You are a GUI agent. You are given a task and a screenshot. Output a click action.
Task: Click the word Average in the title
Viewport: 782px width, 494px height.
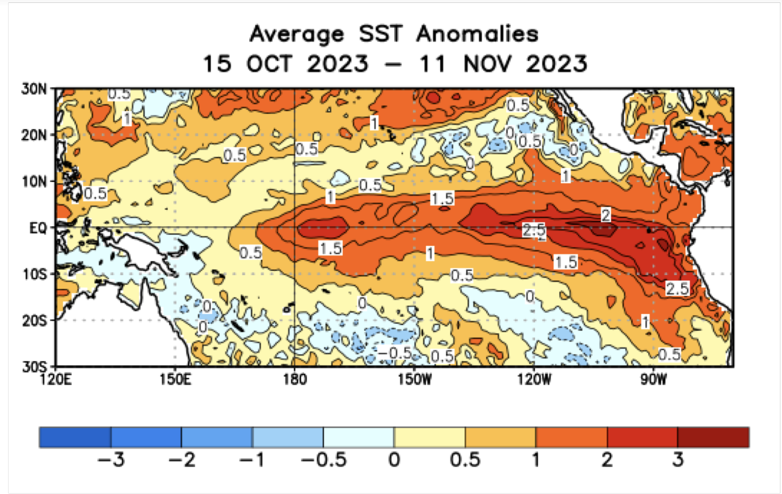[296, 34]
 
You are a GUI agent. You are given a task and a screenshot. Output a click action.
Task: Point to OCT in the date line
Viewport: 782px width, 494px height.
[269, 64]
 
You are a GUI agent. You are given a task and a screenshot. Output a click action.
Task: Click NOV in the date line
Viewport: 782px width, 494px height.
[488, 64]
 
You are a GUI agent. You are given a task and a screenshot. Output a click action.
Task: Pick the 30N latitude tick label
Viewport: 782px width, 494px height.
[34, 89]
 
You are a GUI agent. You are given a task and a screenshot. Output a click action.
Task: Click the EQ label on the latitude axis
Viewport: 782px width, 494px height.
[38, 228]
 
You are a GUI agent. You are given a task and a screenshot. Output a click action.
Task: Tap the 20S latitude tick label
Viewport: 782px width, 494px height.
[35, 321]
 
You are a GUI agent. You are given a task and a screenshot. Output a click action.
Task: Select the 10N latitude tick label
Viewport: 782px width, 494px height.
[34, 182]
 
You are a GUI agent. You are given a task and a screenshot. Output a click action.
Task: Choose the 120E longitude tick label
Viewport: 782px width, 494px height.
[56, 379]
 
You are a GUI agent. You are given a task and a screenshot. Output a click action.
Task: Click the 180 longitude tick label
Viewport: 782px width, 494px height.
[295, 379]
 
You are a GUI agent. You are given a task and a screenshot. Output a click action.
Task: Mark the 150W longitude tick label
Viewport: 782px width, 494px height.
[415, 379]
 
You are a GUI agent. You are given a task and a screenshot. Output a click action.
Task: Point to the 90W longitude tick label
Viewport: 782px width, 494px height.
[654, 379]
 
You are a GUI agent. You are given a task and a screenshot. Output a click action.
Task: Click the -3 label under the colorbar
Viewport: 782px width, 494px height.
[111, 460]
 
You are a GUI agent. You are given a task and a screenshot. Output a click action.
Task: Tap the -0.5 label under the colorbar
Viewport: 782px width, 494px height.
[324, 460]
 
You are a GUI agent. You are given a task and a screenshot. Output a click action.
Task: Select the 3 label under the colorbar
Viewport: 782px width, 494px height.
[678, 460]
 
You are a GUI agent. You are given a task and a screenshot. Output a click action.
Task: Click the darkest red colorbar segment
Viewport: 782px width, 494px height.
[713, 437]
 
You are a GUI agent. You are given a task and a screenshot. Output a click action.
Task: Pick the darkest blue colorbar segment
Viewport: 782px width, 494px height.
[75, 437]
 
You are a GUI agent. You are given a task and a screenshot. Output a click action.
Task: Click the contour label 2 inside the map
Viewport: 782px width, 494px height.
[606, 214]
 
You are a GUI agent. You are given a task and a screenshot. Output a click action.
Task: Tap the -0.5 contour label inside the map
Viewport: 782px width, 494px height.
[394, 352]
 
